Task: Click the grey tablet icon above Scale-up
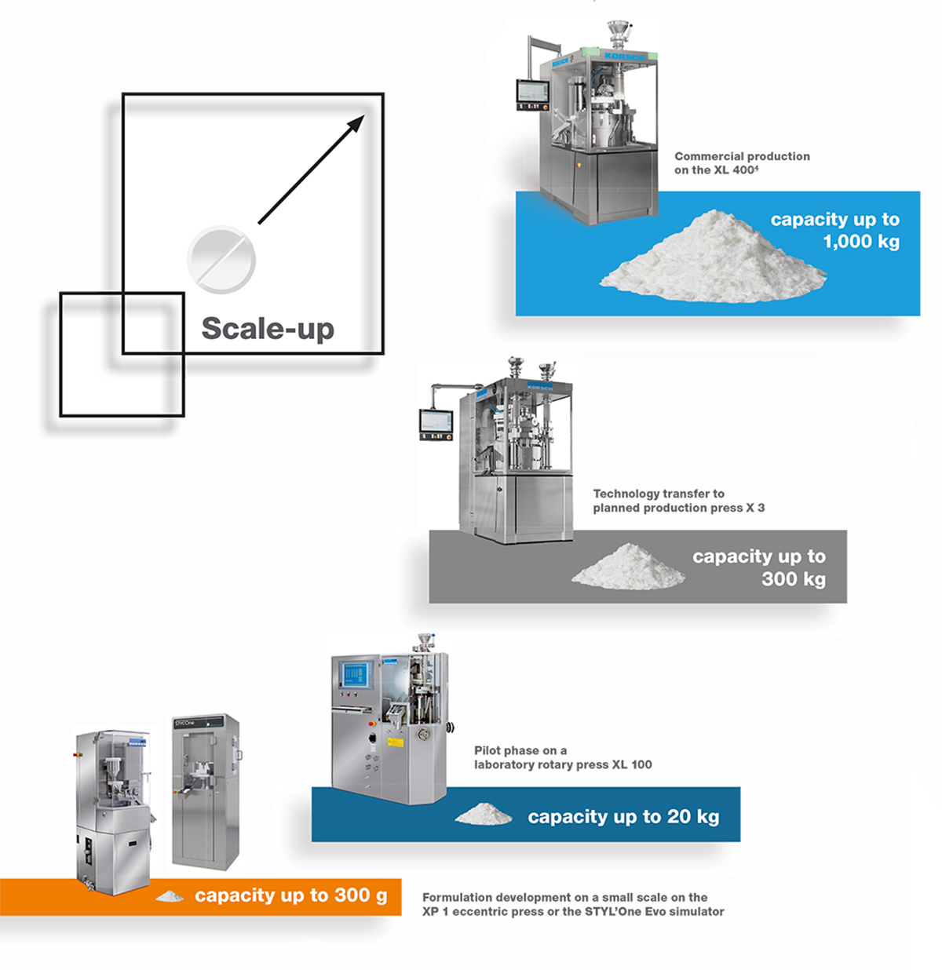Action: coord(221,259)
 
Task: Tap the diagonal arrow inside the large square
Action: coord(311,170)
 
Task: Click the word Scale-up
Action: coord(268,328)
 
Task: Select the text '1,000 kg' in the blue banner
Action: coord(860,242)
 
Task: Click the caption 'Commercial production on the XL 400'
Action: coord(741,162)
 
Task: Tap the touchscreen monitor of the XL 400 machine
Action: coord(531,95)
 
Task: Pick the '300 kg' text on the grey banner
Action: coord(793,579)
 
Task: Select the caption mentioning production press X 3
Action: coord(678,501)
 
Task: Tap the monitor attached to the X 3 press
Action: coord(436,424)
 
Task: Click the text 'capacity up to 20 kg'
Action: coord(623,817)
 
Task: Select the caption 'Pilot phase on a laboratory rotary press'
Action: coord(562,757)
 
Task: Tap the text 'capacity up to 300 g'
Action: coord(290,895)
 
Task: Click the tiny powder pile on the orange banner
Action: coord(170,895)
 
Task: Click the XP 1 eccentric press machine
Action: coord(113,808)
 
